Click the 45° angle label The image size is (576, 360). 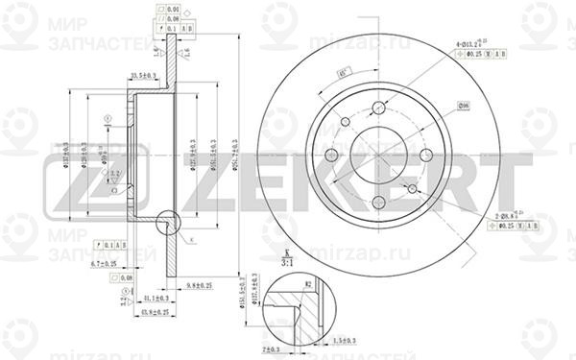[x=342, y=75]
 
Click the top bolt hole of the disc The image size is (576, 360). [x=378, y=108]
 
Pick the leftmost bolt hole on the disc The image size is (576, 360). [x=331, y=155]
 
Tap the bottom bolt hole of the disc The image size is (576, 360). [x=378, y=202]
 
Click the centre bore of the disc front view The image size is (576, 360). [x=378, y=155]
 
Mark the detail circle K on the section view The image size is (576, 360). [x=166, y=223]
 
